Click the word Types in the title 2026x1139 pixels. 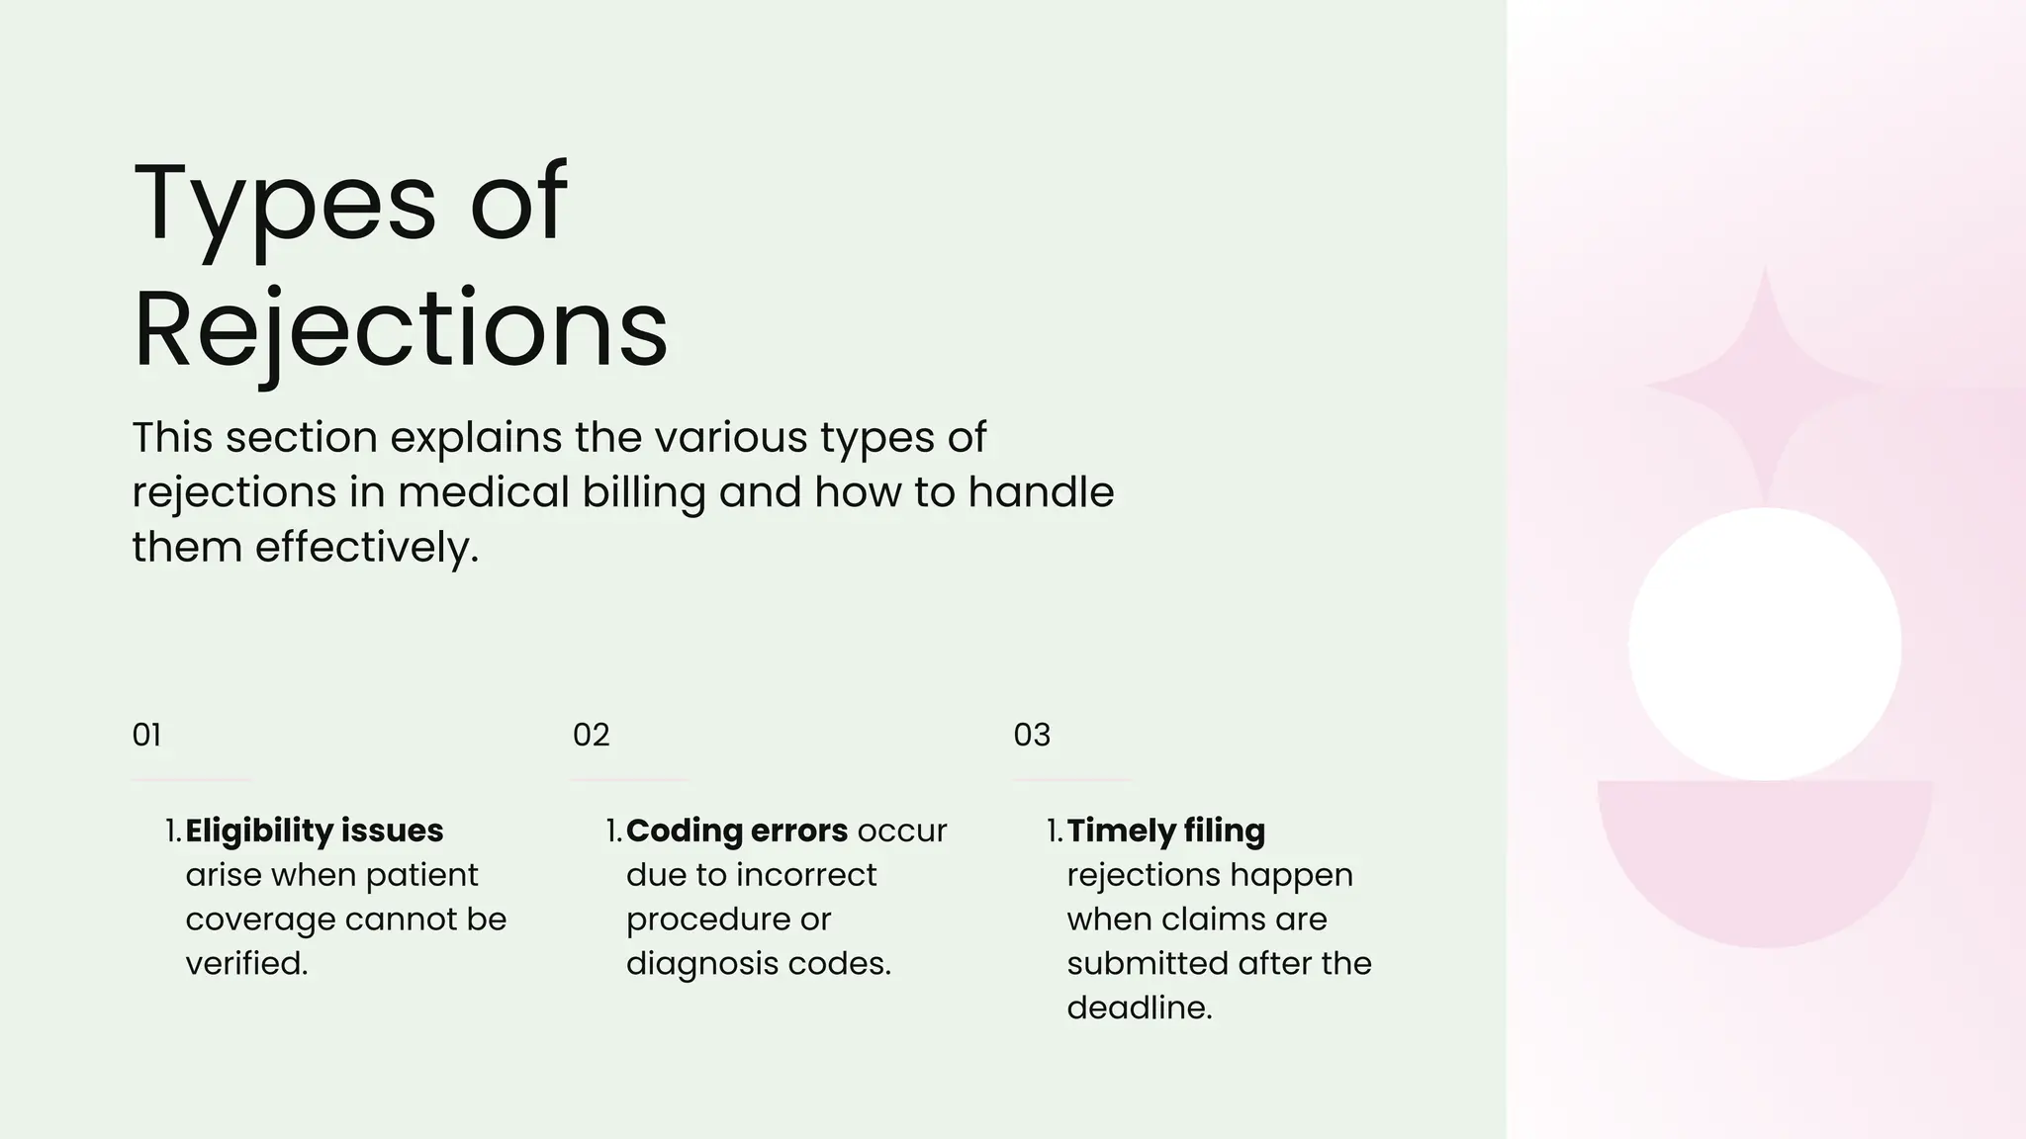284,205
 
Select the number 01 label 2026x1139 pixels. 146,735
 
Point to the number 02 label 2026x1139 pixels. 591,735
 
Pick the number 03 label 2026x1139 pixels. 1032,735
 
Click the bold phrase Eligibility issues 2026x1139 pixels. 314,831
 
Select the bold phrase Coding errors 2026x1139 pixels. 736,831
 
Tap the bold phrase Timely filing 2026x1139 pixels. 1165,831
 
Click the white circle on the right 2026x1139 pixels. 1765,645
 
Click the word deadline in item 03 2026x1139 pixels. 1139,1008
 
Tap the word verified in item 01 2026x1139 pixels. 246,963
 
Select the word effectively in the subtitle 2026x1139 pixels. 366,547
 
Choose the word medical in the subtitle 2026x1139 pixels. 483,492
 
